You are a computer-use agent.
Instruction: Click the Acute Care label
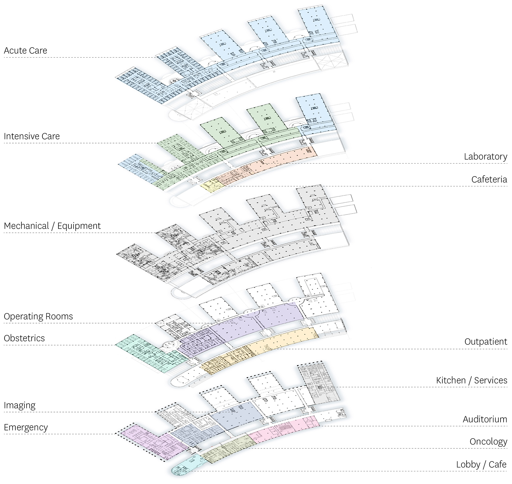click(26, 51)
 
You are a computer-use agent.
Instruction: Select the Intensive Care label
click(32, 136)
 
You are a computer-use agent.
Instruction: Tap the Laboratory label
click(485, 157)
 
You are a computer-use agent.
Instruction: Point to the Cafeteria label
click(489, 180)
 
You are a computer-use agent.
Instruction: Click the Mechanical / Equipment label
click(52, 226)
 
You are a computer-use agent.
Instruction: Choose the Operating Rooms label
click(38, 317)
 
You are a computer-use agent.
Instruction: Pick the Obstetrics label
click(24, 338)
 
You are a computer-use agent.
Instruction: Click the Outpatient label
click(486, 342)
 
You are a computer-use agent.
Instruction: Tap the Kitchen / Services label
click(472, 380)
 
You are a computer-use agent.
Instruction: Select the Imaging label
click(20, 406)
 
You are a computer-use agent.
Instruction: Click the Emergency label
click(26, 428)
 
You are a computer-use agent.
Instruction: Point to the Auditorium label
click(485, 419)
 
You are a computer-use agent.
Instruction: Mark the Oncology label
click(489, 442)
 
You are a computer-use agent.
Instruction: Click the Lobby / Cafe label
click(481, 464)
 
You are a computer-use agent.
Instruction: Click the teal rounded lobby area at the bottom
click(185, 466)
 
